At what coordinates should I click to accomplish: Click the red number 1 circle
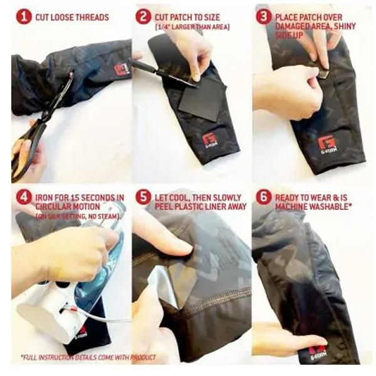pyautogui.click(x=24, y=17)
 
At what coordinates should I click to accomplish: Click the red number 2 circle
pyautogui.click(x=143, y=17)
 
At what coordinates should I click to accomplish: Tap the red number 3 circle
pyautogui.click(x=264, y=17)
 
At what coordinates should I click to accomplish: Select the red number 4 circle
pyautogui.click(x=24, y=197)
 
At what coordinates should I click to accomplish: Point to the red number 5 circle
pyautogui.click(x=143, y=197)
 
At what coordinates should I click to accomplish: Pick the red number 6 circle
pyautogui.click(x=264, y=197)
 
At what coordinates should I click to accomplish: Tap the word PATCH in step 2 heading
pyautogui.click(x=179, y=18)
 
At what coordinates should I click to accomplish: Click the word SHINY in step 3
pyautogui.click(x=345, y=26)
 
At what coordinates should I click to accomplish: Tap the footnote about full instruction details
pyautogui.click(x=88, y=357)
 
